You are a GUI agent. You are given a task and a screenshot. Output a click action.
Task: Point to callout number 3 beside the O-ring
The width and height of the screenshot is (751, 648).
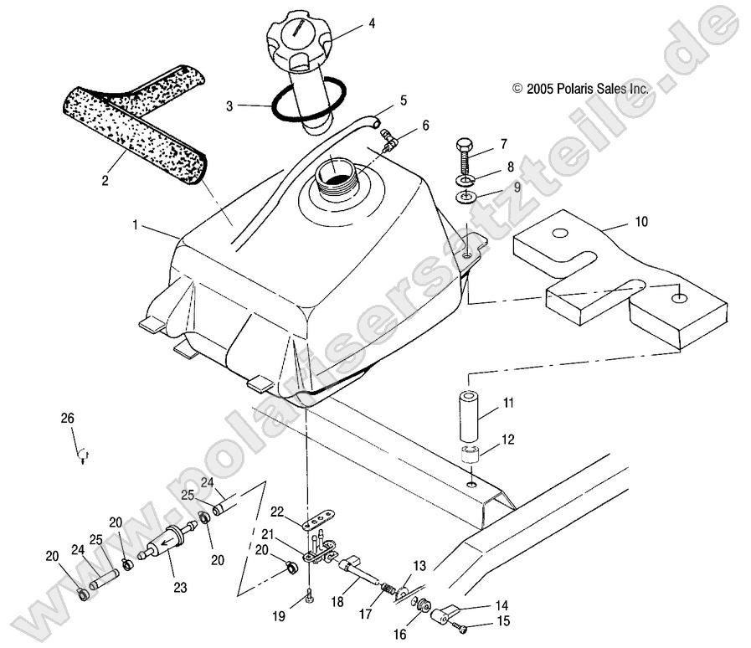(x=229, y=106)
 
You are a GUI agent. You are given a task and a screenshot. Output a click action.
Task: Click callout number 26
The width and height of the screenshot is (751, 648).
(x=67, y=418)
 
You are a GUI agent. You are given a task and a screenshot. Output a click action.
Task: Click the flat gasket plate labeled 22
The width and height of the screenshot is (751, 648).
(x=315, y=519)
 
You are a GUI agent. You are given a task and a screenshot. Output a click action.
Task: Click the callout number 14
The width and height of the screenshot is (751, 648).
(x=501, y=604)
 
